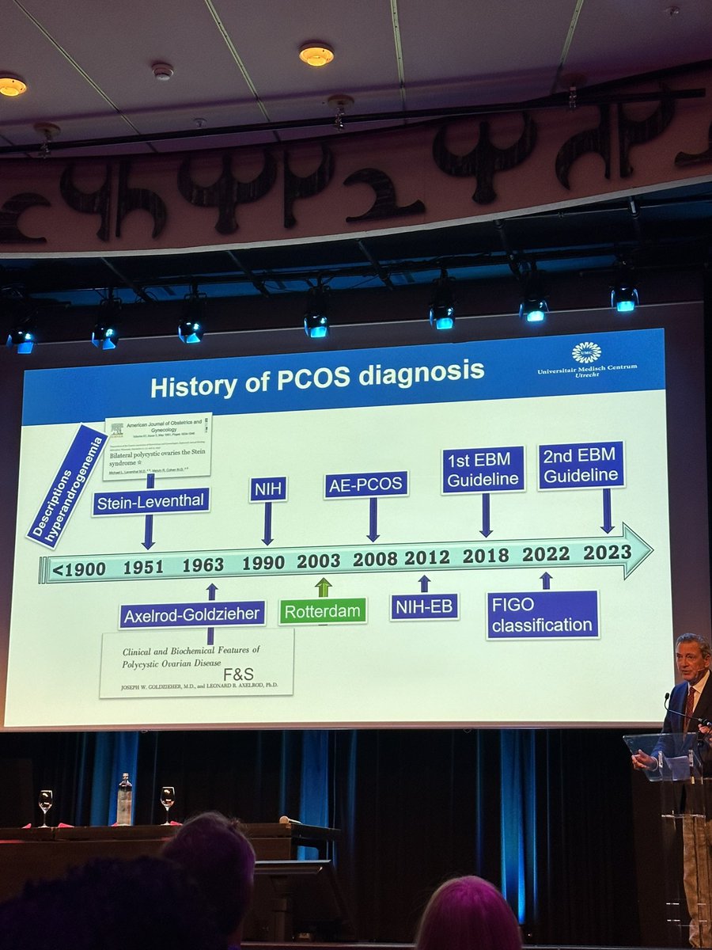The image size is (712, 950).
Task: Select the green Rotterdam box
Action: [324, 611]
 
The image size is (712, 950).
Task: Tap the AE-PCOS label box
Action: [365, 485]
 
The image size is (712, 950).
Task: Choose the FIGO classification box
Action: [543, 614]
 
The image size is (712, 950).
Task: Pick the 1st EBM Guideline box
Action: [483, 469]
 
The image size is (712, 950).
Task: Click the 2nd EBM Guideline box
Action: [581, 465]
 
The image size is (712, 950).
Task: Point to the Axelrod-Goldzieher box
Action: [192, 614]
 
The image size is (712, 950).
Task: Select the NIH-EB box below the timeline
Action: [424, 607]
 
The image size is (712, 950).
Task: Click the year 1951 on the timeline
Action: [143, 567]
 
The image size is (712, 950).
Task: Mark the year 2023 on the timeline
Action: [607, 552]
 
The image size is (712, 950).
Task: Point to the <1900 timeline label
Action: [78, 569]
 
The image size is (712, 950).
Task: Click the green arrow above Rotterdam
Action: [323, 587]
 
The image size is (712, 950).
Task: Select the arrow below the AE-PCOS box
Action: [373, 519]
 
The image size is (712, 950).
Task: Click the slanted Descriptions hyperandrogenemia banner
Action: [66, 487]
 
